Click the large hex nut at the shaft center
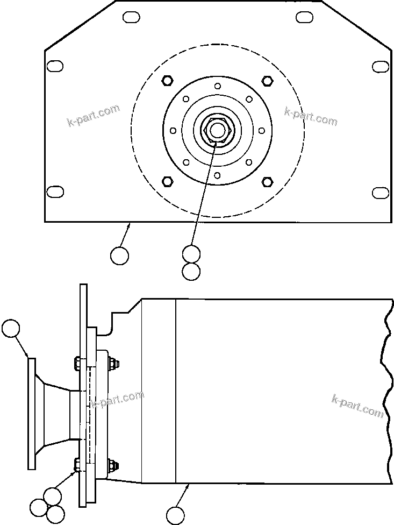[217, 130]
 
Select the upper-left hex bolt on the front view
[167, 81]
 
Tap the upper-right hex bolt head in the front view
[267, 81]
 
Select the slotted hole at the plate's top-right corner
[305, 18]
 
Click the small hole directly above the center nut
[217, 86]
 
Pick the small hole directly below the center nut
[217, 175]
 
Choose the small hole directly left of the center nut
[173, 131]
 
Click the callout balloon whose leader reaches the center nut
[191, 253]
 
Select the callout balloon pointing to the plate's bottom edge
[119, 256]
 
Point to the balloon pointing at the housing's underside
[175, 515]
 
